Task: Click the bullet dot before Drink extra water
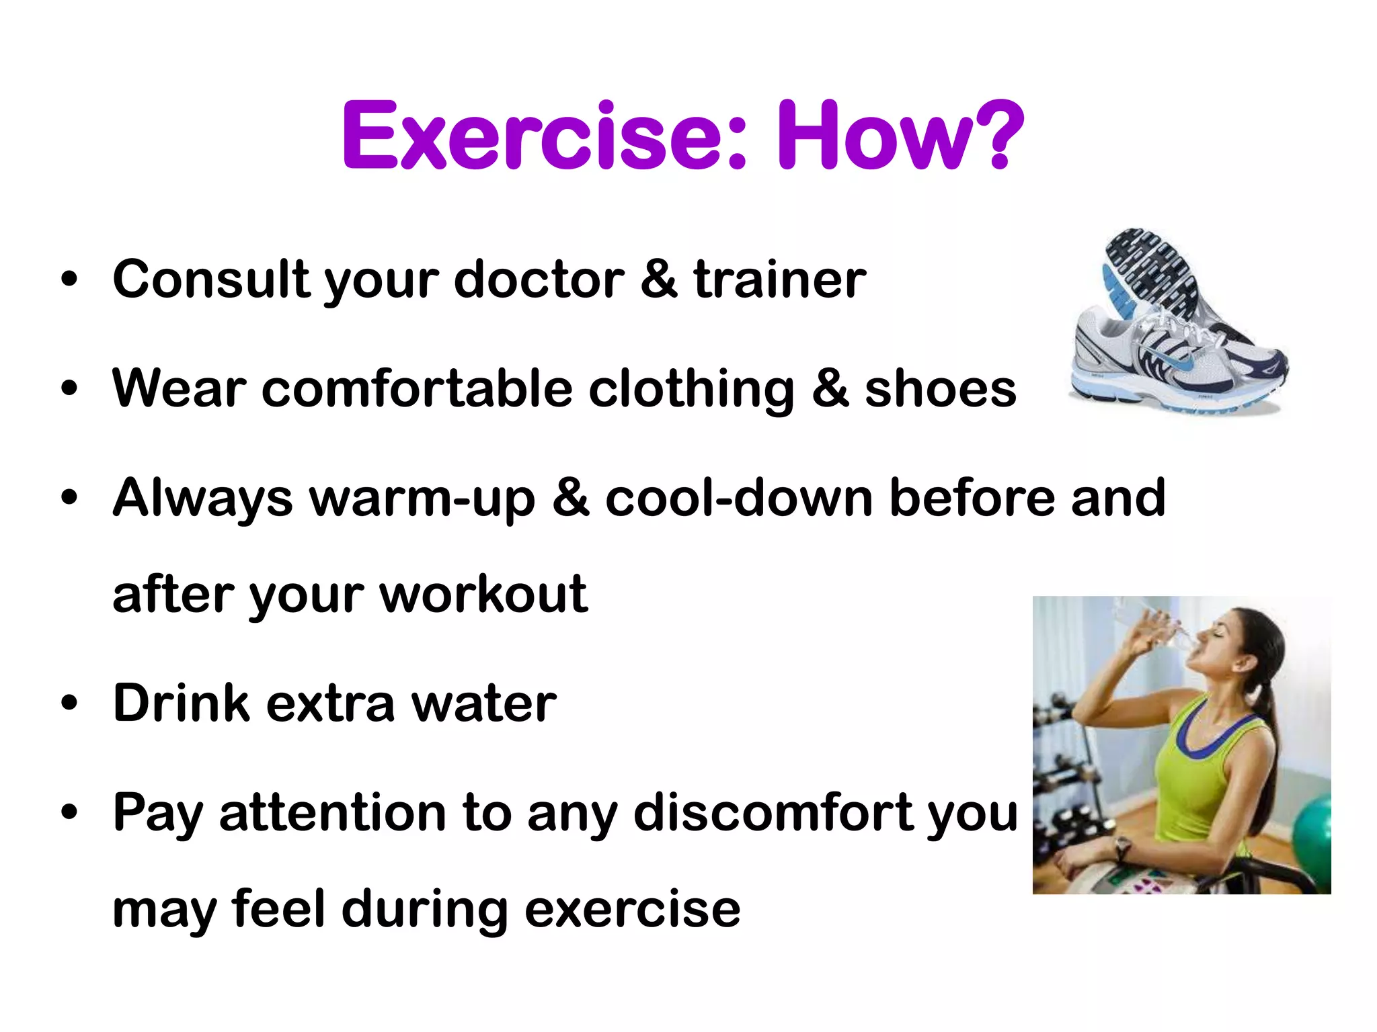coord(69,704)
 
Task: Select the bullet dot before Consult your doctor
coord(69,279)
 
